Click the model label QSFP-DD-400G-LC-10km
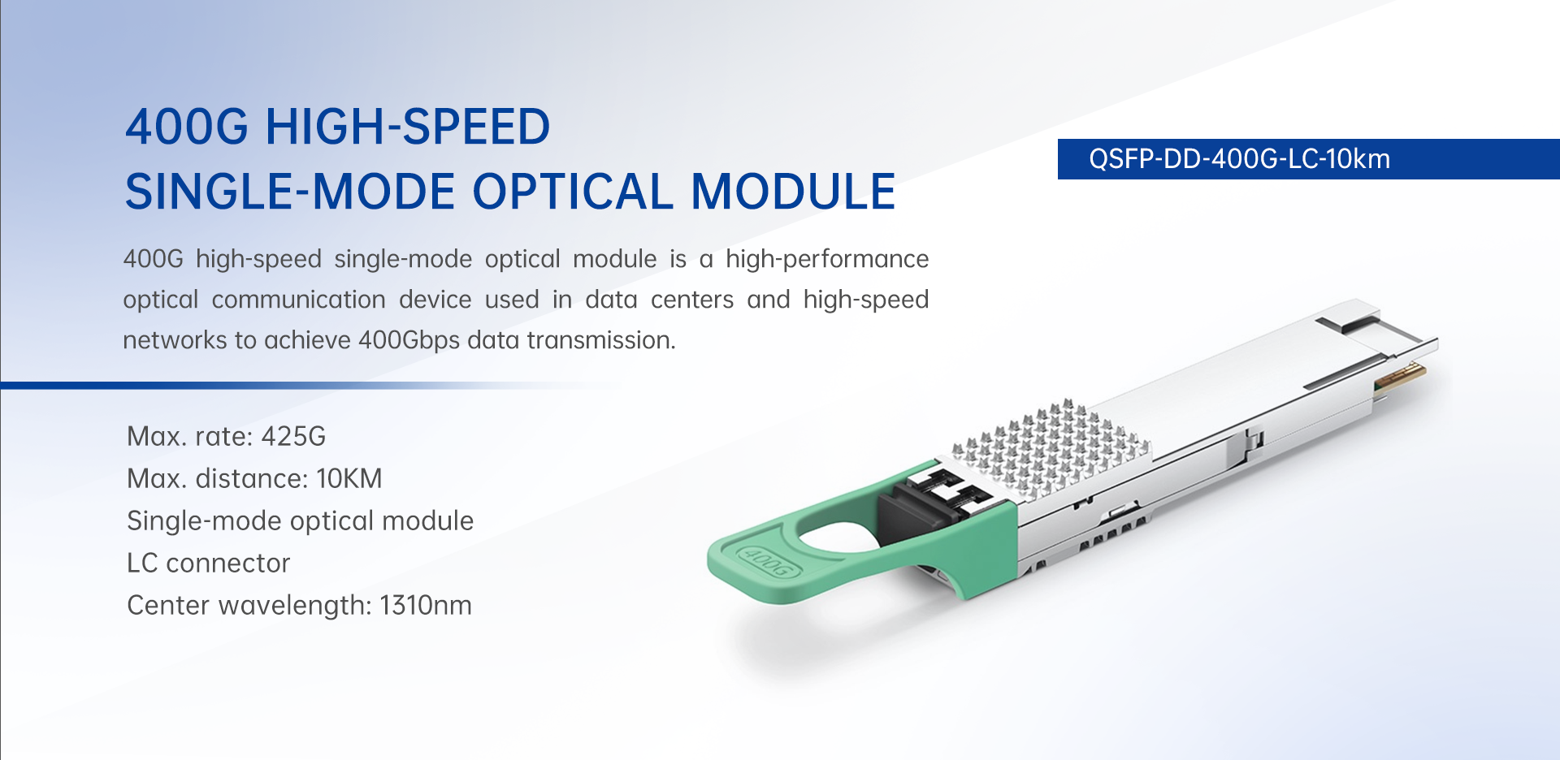tap(1239, 159)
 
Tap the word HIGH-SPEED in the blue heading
tap(408, 127)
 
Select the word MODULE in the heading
tap(793, 192)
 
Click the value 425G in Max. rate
tap(293, 437)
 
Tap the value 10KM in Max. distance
tap(349, 479)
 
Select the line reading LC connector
tap(208, 564)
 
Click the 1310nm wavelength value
tap(425, 606)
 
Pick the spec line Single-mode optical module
tap(300, 521)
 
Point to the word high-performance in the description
tap(827, 259)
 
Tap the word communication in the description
tap(298, 300)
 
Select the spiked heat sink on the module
tap(1051, 446)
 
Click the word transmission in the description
tap(601, 340)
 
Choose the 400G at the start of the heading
tap(187, 127)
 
